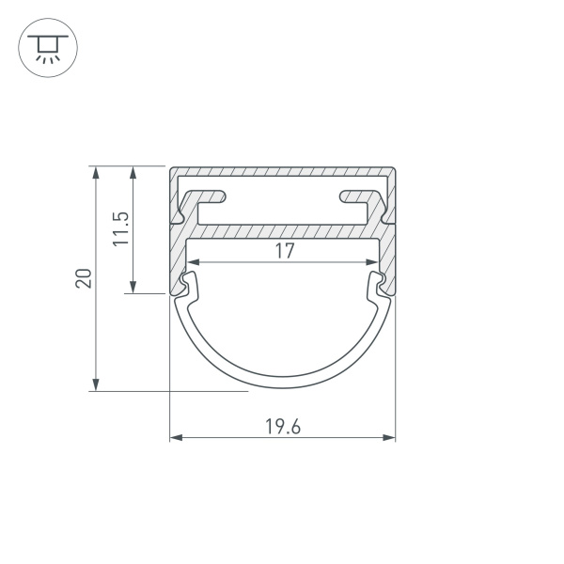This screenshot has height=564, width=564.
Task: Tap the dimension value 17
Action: pos(285,251)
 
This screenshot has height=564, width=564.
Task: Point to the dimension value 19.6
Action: pos(282,426)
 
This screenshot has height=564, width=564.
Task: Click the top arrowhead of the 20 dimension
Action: pos(95,172)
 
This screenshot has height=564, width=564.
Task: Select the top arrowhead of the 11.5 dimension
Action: pos(134,172)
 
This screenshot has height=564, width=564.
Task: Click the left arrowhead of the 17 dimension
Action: pos(191,262)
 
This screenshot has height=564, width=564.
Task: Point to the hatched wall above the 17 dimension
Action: pos(282,230)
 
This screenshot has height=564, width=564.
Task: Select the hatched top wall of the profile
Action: pos(282,173)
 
